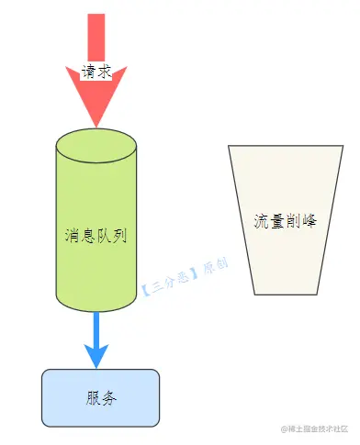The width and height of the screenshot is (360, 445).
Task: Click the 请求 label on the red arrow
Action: (x=96, y=72)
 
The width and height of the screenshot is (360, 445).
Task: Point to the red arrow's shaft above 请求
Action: (x=96, y=37)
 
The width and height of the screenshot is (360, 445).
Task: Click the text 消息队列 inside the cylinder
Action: (x=96, y=235)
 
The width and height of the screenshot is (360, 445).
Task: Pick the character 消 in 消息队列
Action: (x=73, y=235)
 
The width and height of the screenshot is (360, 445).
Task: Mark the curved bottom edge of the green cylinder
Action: (x=96, y=309)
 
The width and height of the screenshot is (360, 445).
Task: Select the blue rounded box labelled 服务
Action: (x=100, y=398)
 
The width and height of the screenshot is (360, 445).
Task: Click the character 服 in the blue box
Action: (x=93, y=398)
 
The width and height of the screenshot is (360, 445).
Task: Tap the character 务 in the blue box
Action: (x=108, y=398)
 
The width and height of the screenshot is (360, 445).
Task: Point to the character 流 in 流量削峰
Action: (x=261, y=221)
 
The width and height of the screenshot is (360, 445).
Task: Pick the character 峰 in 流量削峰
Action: (x=309, y=221)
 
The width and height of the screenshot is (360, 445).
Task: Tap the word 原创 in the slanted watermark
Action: (x=213, y=268)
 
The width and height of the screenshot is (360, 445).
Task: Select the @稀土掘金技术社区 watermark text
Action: (x=312, y=428)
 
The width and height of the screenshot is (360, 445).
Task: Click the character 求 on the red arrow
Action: (x=104, y=72)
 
